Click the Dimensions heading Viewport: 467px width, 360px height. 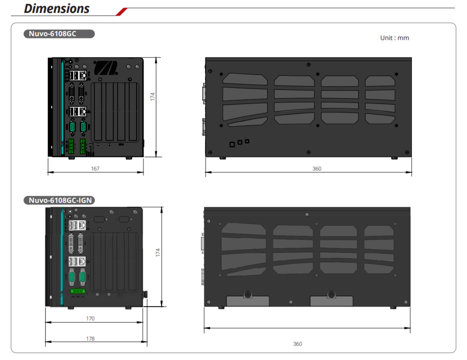57,9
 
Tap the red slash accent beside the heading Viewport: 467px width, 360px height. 121,12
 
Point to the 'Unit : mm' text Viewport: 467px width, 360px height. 394,38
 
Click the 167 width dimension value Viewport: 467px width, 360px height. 95,168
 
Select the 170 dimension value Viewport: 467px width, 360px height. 90,318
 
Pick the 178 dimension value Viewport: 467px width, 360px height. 90,339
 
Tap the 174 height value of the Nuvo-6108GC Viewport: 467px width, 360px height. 153,96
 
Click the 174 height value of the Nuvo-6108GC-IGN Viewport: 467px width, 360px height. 158,252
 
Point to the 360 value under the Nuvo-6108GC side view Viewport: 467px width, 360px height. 317,168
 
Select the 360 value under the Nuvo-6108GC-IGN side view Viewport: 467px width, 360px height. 297,344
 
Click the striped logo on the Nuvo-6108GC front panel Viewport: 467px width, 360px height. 106,68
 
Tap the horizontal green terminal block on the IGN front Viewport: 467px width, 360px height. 78,291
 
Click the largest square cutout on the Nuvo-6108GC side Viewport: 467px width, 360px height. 232,144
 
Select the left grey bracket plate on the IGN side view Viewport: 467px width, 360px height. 248,301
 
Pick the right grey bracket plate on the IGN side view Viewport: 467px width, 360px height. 332,301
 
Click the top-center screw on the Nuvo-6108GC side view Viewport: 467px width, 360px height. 308,65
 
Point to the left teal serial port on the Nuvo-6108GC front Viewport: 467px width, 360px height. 72,127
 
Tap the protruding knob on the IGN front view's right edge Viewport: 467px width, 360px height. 145,294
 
